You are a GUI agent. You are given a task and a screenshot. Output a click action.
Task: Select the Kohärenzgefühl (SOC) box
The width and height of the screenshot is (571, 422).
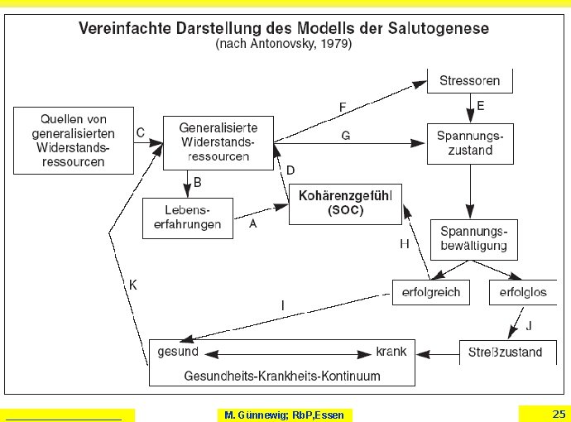(x=345, y=204)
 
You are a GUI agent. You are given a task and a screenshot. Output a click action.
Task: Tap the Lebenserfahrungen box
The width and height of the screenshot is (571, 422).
(x=187, y=218)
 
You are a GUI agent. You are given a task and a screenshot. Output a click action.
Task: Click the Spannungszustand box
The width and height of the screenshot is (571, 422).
(x=470, y=143)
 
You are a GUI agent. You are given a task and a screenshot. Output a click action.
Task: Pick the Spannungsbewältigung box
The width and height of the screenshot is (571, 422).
(x=474, y=238)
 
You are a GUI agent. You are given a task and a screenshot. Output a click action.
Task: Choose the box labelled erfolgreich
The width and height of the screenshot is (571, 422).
(x=431, y=292)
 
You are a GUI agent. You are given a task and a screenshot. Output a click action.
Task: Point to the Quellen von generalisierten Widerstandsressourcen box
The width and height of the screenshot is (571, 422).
(x=74, y=139)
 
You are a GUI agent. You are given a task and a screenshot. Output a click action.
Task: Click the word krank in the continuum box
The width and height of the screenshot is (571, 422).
(x=391, y=352)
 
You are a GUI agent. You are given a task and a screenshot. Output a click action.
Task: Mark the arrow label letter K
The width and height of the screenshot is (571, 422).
(x=132, y=285)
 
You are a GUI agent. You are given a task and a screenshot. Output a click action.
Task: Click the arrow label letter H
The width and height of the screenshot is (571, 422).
(x=405, y=244)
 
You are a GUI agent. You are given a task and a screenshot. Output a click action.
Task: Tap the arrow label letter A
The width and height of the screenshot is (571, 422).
(x=252, y=223)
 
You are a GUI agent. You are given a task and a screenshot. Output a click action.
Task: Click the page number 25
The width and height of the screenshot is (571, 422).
(x=559, y=414)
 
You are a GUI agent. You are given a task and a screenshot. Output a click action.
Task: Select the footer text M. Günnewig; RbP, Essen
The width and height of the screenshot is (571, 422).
(x=285, y=415)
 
